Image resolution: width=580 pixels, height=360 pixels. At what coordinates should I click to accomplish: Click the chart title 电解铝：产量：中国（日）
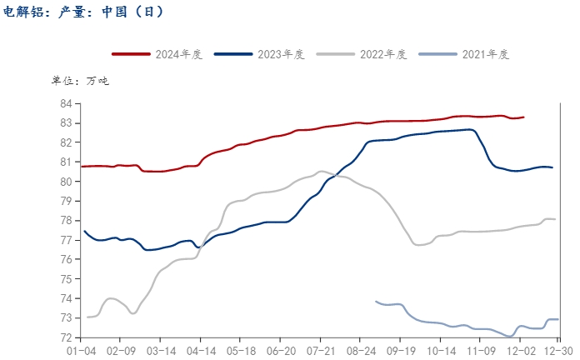pyautogui.click(x=84, y=12)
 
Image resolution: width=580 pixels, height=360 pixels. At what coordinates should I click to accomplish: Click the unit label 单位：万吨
pyautogui.click(x=80, y=81)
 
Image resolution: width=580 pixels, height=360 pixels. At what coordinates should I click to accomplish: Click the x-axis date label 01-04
pyautogui.click(x=81, y=352)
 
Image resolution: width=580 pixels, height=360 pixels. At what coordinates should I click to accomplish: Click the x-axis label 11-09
pyautogui.click(x=481, y=352)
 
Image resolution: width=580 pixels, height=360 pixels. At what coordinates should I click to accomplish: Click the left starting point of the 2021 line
pyautogui.click(x=376, y=302)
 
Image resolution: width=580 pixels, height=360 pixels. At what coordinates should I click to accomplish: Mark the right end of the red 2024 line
pyautogui.click(x=523, y=117)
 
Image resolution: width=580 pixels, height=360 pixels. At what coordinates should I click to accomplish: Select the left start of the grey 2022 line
pyautogui.click(x=87, y=317)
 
